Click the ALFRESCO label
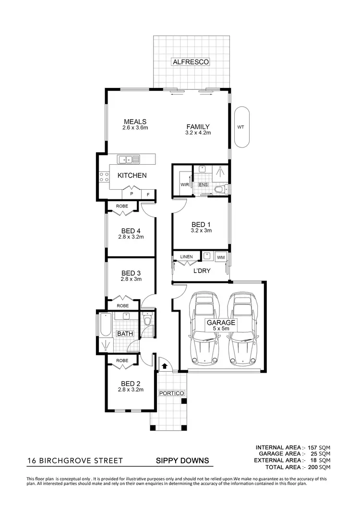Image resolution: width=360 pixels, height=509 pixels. coord(191,62)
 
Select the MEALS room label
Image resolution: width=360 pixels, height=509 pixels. coord(134,121)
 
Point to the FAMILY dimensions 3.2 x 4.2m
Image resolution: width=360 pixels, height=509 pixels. coord(198,133)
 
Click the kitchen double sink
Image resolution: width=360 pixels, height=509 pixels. coord(129,159)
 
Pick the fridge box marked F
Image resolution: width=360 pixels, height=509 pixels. coord(148,194)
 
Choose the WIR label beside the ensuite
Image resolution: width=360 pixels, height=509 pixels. coord(184,184)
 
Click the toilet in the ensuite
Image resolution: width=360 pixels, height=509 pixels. coord(220,189)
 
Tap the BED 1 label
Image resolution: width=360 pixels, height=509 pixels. coord(201,224)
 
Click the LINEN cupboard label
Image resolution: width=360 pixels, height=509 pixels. coord(186,257)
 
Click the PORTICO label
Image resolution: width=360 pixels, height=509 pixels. coord(171,393)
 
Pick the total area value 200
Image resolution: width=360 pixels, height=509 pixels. coord(311,467)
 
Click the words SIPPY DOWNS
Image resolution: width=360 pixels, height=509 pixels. coord(182,461)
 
